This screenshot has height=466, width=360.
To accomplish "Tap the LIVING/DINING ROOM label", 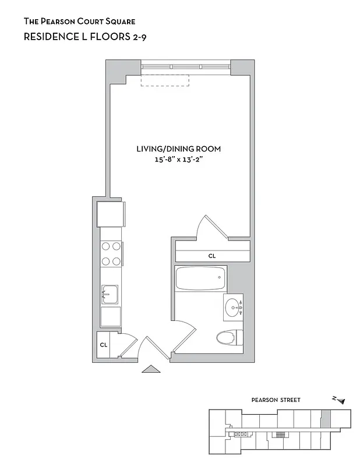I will (178, 149).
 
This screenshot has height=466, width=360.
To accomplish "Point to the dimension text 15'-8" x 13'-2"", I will (178, 161).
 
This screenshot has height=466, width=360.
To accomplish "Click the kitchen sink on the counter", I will (110, 295).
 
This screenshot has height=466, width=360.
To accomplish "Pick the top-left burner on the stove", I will (105, 246).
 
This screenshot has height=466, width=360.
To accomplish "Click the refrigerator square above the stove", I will (111, 213).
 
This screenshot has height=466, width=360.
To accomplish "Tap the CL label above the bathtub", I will (211, 256).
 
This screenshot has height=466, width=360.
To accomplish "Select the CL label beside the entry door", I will (104, 345).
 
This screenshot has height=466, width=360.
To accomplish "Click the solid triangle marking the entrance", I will (151, 369).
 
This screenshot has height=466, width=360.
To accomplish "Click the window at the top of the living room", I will (186, 68).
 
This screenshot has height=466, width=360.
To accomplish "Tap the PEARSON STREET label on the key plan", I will (276, 400).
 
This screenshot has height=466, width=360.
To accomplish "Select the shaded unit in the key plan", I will (326, 418).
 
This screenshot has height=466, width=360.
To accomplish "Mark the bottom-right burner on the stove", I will (116, 260).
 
